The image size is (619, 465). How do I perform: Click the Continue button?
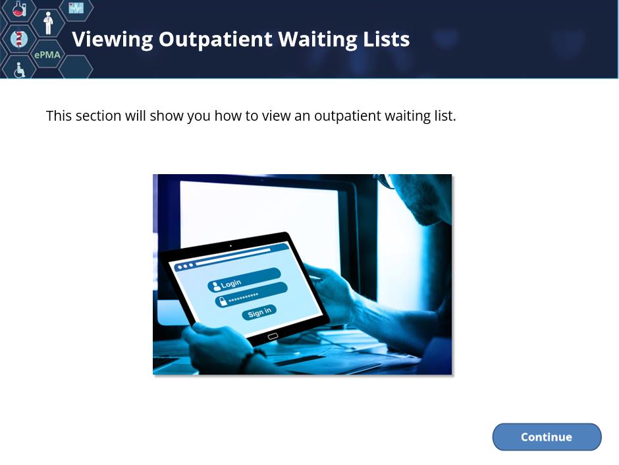(547, 437)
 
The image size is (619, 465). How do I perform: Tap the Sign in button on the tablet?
(259, 313)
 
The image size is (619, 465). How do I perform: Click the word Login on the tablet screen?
(231, 283)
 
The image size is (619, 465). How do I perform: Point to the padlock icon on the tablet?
(223, 301)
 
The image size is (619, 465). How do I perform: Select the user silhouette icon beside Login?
(216, 286)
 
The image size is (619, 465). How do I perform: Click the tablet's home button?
(273, 336)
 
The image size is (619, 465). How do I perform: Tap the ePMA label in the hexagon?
(47, 55)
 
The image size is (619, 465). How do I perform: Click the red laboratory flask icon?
(18, 9)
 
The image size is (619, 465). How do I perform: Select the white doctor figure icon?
(48, 23)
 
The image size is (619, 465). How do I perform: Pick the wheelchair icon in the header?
(19, 70)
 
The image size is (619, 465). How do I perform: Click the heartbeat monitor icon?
(76, 7)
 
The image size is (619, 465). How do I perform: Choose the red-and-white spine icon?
(18, 39)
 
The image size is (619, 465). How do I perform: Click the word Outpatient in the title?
(215, 40)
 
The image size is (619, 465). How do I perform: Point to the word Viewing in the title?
(113, 40)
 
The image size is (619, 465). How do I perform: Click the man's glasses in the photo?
(385, 181)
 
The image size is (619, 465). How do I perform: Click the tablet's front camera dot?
(231, 246)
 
